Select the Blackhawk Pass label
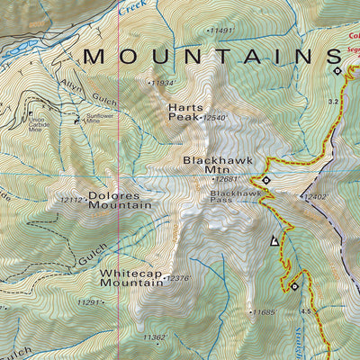(x=235, y=196)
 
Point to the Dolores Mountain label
(x=120, y=200)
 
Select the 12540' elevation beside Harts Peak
(x=217, y=117)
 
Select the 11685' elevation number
(x=262, y=312)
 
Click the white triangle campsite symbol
(x=274, y=240)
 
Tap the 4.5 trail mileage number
(x=306, y=311)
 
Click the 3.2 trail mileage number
(x=333, y=102)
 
